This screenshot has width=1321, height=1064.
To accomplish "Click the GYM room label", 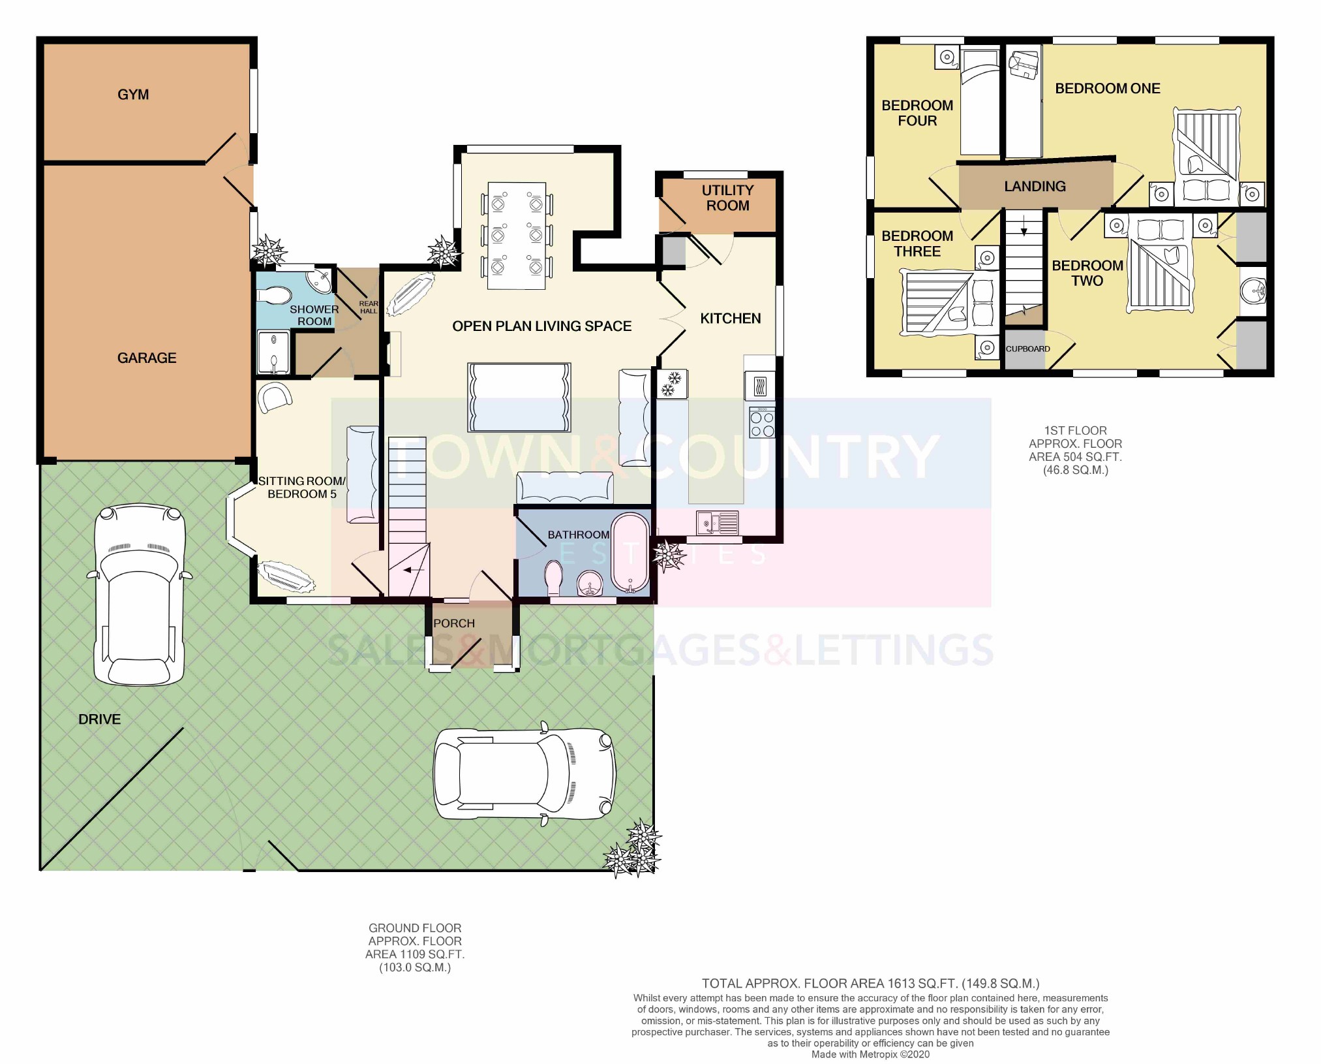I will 133,95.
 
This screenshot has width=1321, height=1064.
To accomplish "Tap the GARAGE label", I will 147,358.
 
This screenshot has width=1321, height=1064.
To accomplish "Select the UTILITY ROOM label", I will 727,198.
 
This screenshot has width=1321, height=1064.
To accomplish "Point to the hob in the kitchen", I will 761,422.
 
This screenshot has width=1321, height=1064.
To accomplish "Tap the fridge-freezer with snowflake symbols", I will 671,384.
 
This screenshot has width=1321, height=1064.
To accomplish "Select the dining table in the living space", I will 517,236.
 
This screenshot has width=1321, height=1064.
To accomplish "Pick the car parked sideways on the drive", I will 524,774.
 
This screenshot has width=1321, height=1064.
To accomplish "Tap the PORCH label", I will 454,623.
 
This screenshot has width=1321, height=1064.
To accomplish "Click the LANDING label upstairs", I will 1035,187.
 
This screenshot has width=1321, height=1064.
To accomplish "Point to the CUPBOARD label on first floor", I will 1027,349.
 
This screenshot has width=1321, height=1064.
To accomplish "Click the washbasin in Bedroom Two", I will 1252,291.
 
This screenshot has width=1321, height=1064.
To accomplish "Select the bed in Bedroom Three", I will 949,304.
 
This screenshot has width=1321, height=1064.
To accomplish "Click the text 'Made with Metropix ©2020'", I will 870,1054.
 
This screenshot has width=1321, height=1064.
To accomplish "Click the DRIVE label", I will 99,719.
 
